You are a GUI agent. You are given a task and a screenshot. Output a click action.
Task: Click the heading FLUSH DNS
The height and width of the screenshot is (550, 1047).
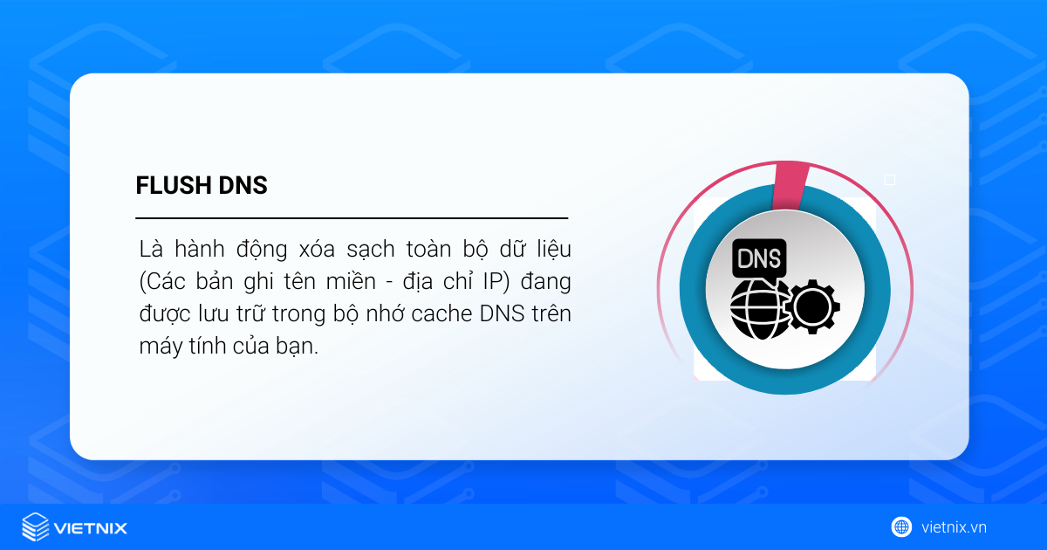(202, 186)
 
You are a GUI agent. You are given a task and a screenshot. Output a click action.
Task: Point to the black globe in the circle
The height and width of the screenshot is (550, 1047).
(760, 308)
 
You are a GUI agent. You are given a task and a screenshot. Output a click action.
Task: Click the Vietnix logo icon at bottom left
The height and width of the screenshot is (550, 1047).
(36, 527)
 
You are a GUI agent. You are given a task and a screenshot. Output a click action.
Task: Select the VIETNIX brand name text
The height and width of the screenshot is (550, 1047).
(91, 528)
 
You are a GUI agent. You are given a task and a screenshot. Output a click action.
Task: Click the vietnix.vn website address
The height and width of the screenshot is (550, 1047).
(954, 527)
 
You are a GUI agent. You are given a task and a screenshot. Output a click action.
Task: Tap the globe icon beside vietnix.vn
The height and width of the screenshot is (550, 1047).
(901, 526)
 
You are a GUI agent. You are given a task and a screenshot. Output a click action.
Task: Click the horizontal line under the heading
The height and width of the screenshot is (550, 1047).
(352, 217)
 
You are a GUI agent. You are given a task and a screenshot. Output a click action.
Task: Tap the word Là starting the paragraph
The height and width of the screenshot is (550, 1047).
(150, 249)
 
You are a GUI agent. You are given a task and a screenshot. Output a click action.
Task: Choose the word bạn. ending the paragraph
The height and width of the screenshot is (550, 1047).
(299, 347)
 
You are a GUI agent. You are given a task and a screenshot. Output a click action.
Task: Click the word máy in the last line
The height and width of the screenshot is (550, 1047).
(158, 347)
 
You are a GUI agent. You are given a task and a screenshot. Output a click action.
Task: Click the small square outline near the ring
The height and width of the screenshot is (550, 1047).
(890, 180)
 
